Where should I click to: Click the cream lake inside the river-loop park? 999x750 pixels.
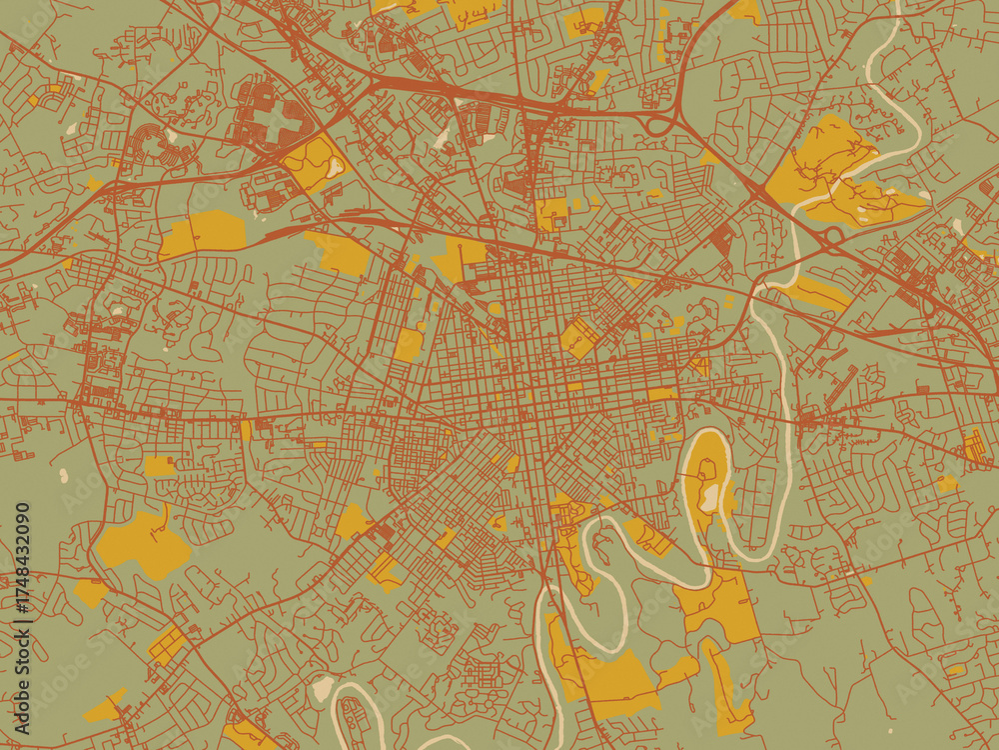coord(709,495)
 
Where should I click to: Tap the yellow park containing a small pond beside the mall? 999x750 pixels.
coord(315,163)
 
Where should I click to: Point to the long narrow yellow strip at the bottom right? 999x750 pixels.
coord(727,690)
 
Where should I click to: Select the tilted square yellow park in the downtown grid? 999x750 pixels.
coord(579,338)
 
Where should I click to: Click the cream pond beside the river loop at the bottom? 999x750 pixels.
coord(322,688)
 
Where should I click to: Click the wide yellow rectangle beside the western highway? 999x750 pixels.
coord(205,232)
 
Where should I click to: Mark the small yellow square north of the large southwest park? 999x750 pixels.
coord(159,466)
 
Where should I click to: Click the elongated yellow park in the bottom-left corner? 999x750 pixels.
coord(105,707)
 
